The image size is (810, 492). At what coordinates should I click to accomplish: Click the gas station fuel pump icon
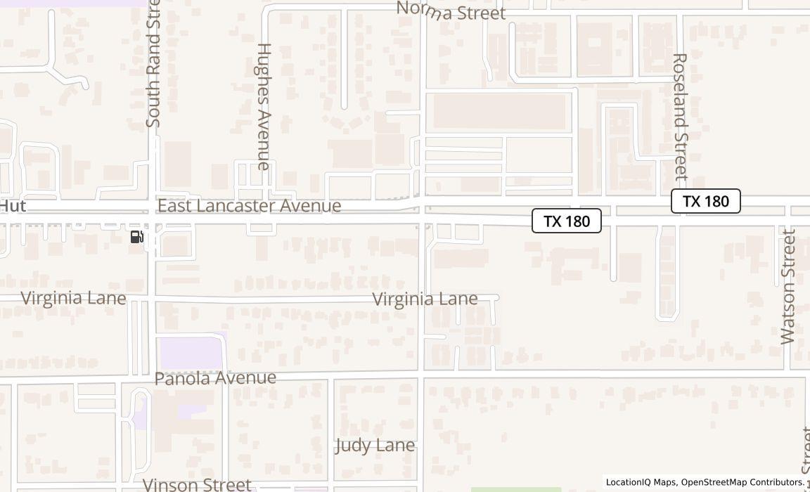pos(137,237)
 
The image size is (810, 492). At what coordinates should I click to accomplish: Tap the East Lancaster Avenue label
pos(249,206)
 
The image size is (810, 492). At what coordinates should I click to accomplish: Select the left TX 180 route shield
pos(567,221)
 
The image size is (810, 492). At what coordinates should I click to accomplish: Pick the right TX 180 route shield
pos(705,202)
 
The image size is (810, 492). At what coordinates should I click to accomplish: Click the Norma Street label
pos(451,11)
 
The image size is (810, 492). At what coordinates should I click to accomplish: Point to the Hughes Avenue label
pos(264,106)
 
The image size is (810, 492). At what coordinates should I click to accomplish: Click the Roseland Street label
pos(679,116)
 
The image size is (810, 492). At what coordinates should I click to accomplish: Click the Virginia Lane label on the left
pos(74,298)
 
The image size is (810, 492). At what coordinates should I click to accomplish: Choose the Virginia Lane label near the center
pos(425,299)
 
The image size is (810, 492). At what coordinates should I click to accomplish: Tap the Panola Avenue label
pos(215,378)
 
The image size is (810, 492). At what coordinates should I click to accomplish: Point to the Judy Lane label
pos(375,446)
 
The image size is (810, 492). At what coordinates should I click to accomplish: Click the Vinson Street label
pos(196,484)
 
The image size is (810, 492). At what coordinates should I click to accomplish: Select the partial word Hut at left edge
pos(13,206)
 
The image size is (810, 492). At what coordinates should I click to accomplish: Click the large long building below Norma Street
pos(499,111)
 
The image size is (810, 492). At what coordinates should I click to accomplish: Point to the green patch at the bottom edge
pos(516,489)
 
